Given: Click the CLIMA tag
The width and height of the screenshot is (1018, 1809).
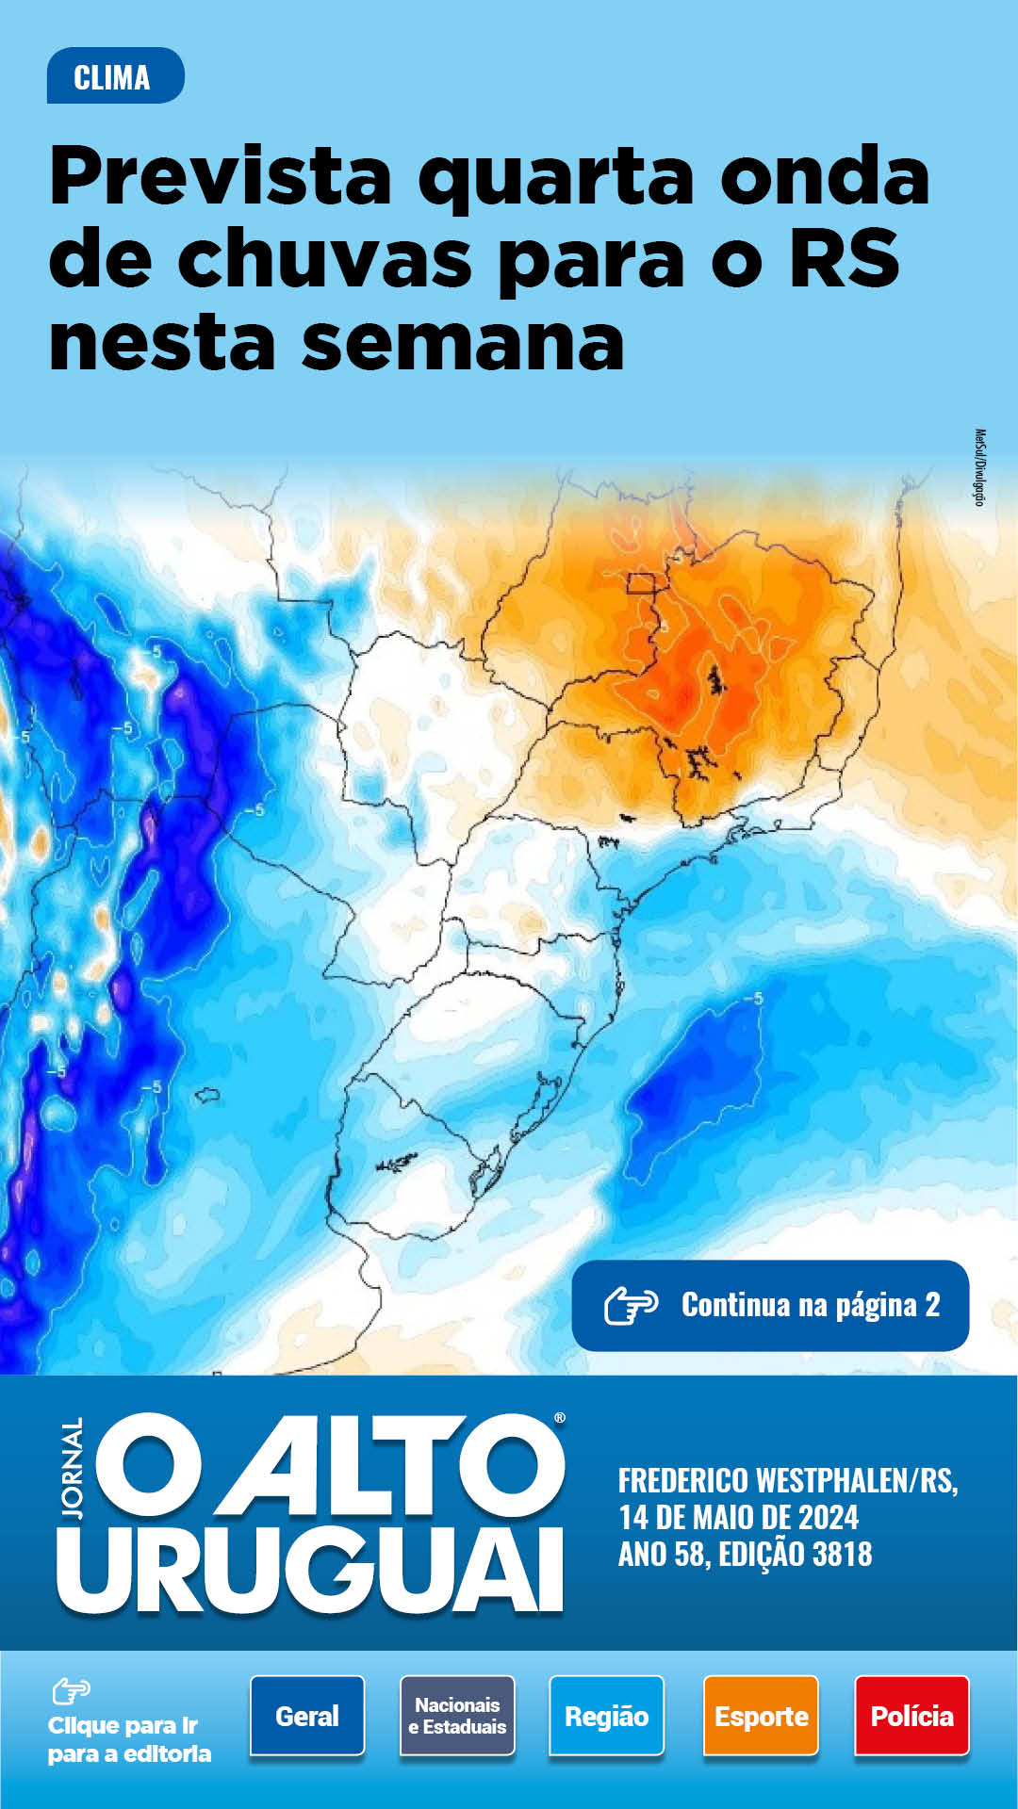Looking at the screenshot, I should [114, 76].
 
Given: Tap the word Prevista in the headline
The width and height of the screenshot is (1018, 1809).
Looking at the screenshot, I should [220, 176].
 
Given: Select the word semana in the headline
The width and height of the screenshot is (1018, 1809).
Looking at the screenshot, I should [463, 342].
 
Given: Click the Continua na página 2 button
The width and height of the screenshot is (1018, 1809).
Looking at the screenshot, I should [770, 1306].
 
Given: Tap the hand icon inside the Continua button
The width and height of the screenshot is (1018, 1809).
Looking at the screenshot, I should [631, 1306].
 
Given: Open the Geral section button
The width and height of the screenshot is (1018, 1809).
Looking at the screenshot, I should [307, 1716].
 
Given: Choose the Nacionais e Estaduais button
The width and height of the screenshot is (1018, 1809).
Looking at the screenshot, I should [457, 1716].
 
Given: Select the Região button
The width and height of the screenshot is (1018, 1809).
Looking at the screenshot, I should [606, 1716].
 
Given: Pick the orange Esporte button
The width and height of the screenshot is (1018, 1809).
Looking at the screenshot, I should [761, 1716].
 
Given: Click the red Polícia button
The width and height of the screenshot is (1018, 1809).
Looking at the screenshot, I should [911, 1716].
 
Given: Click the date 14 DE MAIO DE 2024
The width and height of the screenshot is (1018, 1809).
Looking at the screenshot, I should [738, 1518].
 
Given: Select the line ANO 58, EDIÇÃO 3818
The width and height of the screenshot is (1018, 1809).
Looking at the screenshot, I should [745, 1555].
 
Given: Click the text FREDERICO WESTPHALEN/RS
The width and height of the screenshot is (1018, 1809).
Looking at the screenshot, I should [788, 1481].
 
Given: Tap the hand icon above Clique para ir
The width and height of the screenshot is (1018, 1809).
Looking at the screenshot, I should [72, 1691].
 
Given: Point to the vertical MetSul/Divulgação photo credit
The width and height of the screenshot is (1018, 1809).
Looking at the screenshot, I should [979, 467].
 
